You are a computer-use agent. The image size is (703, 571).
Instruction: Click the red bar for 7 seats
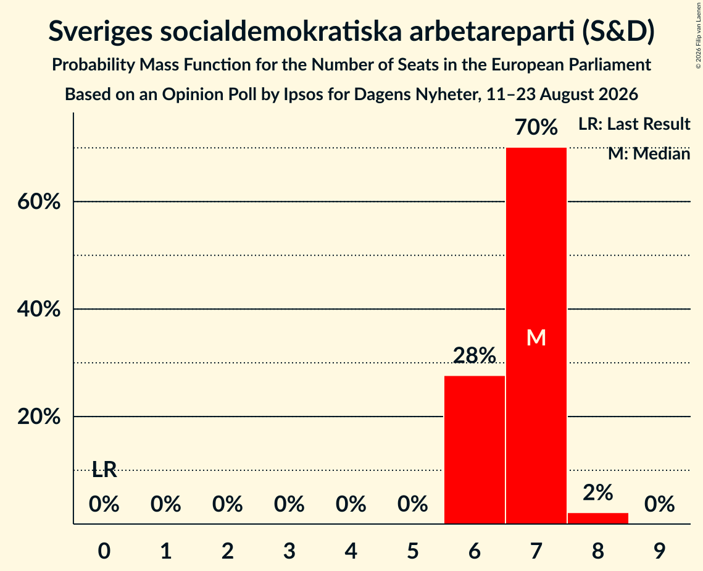click(x=536, y=336)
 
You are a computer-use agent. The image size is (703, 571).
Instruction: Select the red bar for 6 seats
click(x=475, y=450)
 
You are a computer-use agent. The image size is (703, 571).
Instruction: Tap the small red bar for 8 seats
click(x=598, y=518)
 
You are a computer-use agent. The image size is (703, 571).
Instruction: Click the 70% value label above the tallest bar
click(x=536, y=127)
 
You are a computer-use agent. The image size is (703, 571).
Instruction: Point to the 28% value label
click(x=475, y=355)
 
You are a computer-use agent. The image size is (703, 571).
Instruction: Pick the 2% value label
click(x=598, y=493)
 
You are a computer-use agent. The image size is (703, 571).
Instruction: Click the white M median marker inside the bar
click(x=536, y=337)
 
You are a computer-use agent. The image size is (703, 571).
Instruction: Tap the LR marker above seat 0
click(x=104, y=470)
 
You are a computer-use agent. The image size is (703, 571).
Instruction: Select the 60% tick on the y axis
click(x=39, y=201)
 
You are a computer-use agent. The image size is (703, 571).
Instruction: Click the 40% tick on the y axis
click(x=39, y=309)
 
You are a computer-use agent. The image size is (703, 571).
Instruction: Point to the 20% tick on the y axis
click(x=39, y=417)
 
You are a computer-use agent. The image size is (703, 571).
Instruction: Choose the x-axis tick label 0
click(x=104, y=551)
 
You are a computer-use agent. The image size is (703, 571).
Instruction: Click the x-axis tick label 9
click(x=660, y=551)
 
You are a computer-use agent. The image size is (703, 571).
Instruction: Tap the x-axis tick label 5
click(x=412, y=551)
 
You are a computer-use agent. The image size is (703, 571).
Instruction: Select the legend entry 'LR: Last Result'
click(x=634, y=124)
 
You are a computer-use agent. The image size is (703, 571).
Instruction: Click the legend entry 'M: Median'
click(x=649, y=154)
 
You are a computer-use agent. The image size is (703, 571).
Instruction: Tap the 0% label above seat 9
click(x=660, y=504)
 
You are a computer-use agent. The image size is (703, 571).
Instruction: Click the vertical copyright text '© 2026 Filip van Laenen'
click(x=699, y=35)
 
